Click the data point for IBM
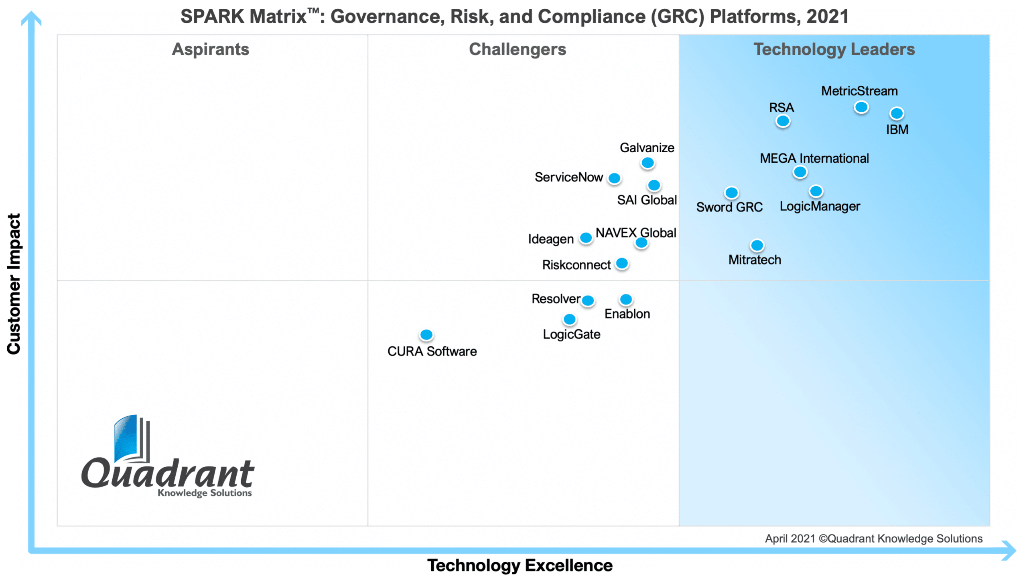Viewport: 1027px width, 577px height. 896,113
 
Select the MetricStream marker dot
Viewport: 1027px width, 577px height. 861,107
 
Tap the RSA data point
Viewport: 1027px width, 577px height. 782,121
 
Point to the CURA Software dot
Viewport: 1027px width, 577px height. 426,334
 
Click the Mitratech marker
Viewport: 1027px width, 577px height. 757,245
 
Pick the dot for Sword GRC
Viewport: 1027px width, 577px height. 731,193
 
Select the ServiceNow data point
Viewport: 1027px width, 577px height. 614,178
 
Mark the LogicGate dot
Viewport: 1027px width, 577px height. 569,319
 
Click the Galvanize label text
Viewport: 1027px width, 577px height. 647,147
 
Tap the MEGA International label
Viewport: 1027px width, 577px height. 814,158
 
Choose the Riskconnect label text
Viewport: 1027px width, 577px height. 576,265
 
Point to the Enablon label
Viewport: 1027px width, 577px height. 627,314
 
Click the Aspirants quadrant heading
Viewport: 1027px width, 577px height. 211,49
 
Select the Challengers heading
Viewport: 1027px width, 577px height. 517,49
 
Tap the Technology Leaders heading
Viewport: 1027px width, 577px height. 834,49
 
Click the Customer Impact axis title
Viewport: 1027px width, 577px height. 14,284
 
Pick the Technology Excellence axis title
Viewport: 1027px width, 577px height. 520,565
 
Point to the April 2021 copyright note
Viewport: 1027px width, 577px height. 873,538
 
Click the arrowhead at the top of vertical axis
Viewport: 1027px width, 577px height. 31,18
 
